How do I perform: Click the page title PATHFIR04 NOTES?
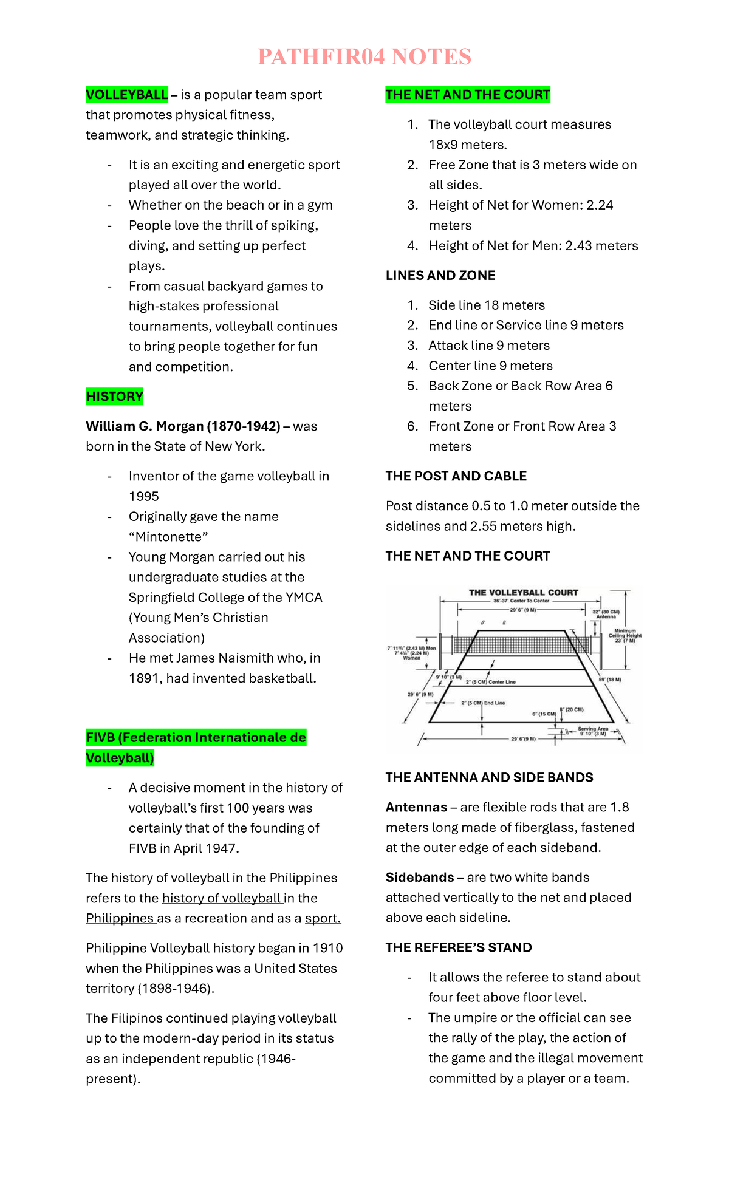point(364,57)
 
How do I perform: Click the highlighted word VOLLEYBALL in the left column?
point(126,95)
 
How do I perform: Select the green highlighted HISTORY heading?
point(114,397)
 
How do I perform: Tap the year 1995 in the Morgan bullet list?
point(143,496)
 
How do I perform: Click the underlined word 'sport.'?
point(323,918)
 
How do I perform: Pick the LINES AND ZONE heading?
point(440,276)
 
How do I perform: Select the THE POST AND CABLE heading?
point(456,476)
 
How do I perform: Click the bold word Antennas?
point(416,807)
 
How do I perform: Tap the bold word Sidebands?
point(420,878)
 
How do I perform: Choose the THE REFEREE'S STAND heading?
point(459,947)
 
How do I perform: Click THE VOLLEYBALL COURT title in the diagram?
point(523,593)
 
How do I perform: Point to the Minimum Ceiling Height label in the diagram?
point(625,635)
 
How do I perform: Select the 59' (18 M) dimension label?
point(610,680)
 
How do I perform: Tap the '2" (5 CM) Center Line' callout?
point(490,682)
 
